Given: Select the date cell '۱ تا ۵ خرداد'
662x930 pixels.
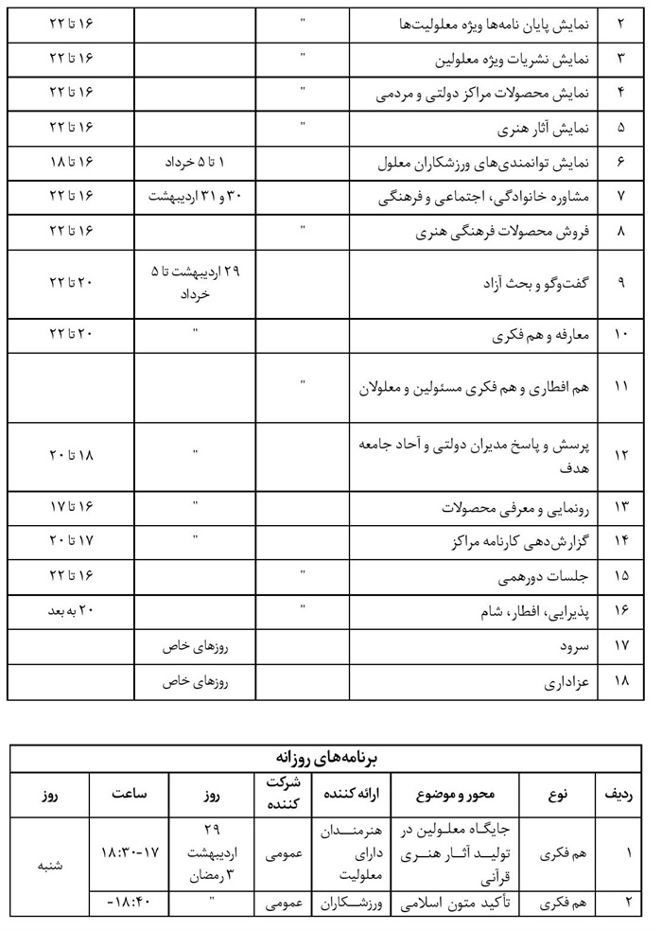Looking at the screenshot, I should click(196, 163).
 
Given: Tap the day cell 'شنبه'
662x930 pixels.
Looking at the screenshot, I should click(49, 864).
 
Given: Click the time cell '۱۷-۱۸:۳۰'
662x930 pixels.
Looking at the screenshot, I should click(130, 852).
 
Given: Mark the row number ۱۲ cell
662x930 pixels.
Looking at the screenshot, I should click(620, 455).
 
